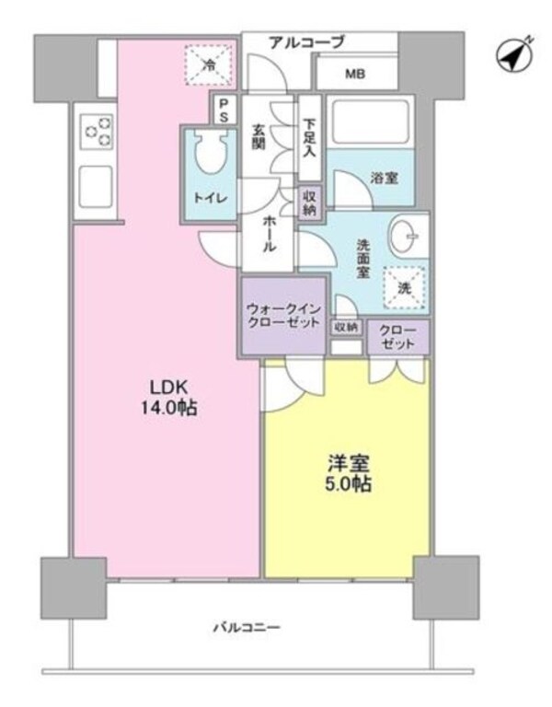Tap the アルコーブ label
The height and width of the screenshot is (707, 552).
click(x=306, y=41)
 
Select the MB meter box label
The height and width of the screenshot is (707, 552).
click(x=354, y=74)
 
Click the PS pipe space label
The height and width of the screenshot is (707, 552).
click(x=223, y=110)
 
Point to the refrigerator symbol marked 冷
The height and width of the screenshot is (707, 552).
click(x=208, y=65)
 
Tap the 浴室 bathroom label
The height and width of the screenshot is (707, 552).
click(x=385, y=179)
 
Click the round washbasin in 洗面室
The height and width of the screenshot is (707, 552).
click(x=404, y=237)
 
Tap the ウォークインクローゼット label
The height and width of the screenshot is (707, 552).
click(x=283, y=316)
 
